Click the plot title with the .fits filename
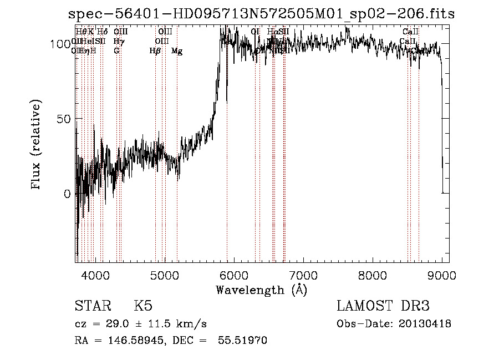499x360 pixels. click(x=261, y=14)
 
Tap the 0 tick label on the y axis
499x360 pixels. click(x=68, y=194)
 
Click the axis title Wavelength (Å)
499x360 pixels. click(x=261, y=290)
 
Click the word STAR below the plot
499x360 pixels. click(x=91, y=306)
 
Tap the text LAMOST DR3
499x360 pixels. click(x=383, y=306)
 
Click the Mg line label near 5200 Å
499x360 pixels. click(x=177, y=51)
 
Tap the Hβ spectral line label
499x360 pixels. click(x=155, y=51)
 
